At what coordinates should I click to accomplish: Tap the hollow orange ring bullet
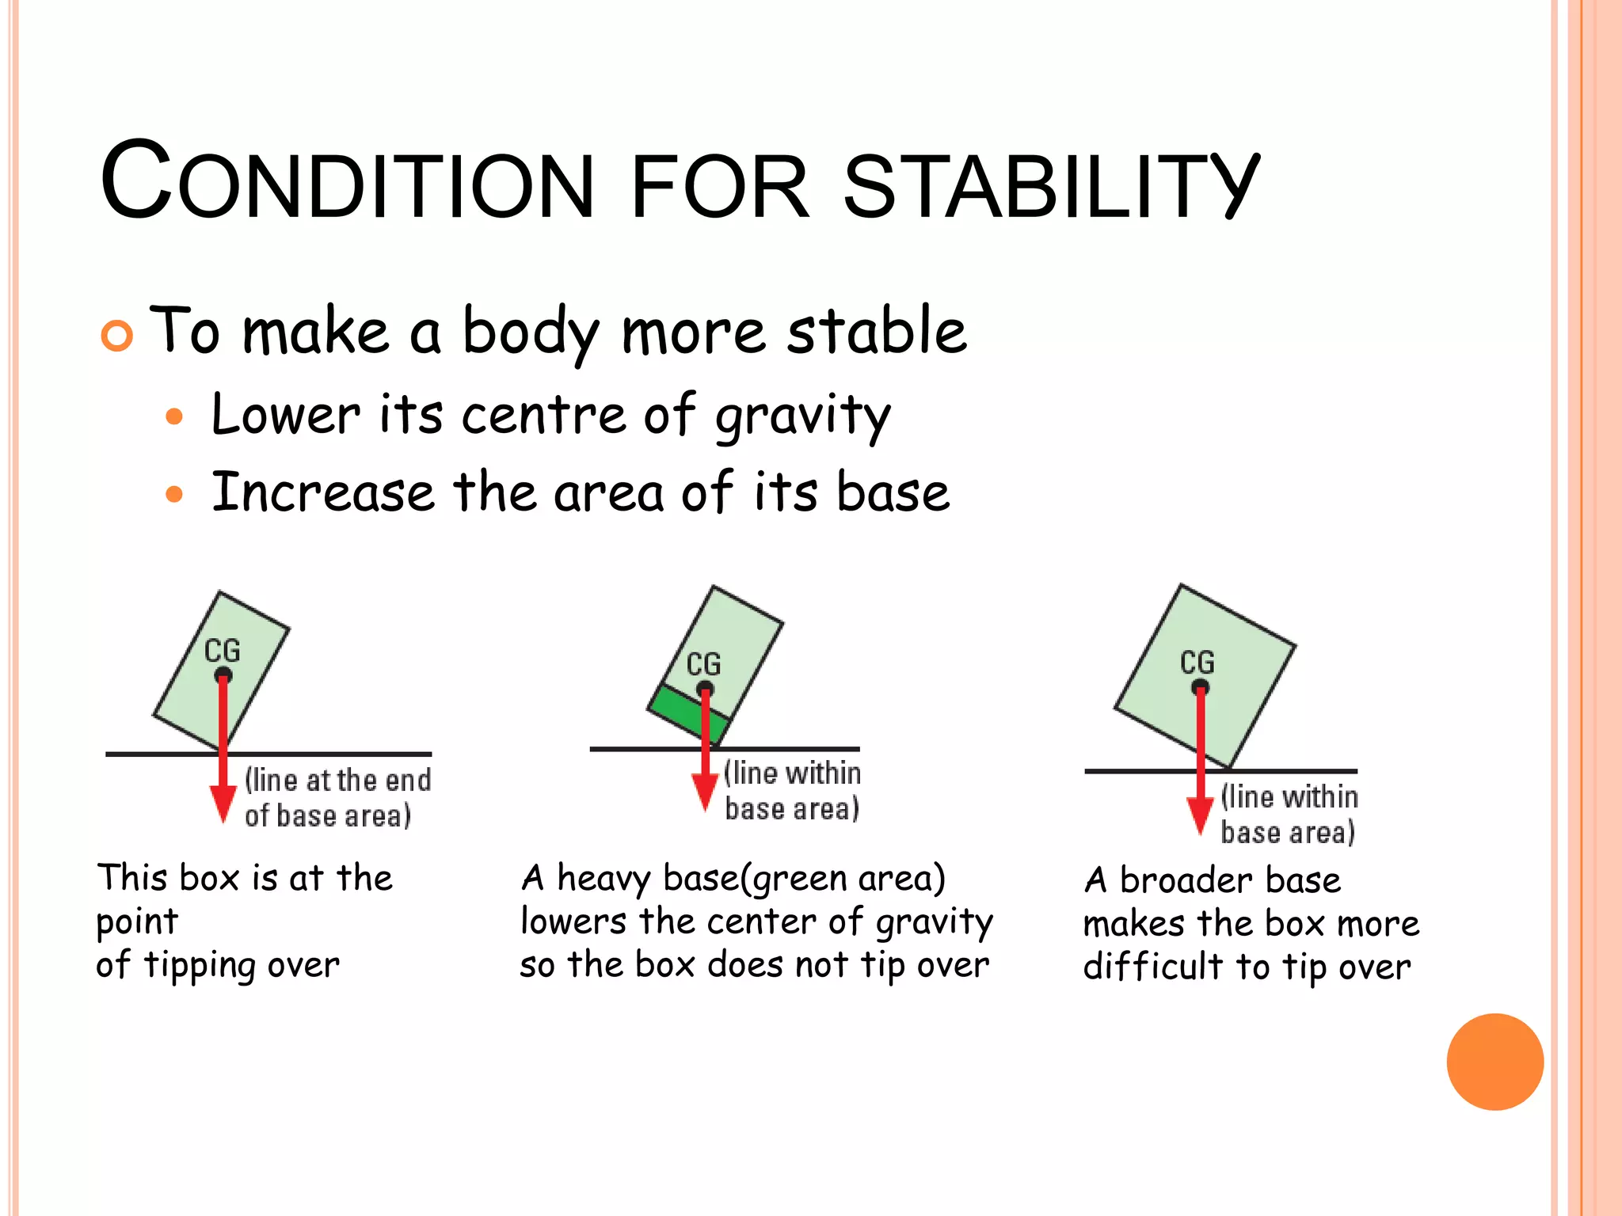click(117, 336)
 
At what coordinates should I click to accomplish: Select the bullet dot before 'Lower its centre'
click(174, 417)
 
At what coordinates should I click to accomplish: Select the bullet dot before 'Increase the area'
click(174, 496)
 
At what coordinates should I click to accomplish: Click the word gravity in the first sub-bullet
click(802, 417)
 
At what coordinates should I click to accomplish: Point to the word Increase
click(322, 492)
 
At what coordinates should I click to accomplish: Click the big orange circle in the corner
click(1494, 1062)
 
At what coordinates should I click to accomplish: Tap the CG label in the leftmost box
click(222, 651)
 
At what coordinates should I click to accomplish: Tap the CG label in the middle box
click(703, 663)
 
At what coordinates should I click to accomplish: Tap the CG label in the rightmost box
click(1197, 662)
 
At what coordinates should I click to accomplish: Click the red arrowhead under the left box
click(223, 803)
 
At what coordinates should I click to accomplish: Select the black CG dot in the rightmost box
click(1200, 686)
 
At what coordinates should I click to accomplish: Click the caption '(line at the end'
click(338, 781)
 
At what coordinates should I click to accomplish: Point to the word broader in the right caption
click(1187, 880)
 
